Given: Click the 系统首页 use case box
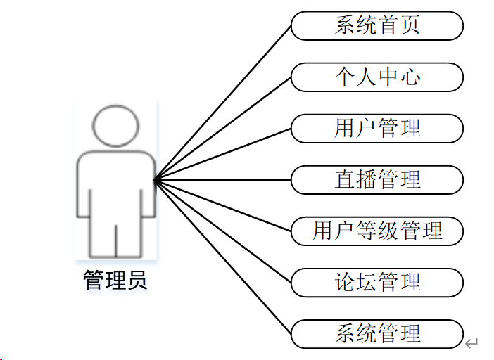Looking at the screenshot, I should click(x=377, y=27).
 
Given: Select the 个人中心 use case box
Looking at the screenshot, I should click(x=377, y=77).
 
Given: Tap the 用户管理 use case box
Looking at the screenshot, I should click(x=377, y=129).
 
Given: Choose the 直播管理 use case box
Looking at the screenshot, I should click(x=377, y=180).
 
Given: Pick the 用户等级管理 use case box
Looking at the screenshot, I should click(x=377, y=231).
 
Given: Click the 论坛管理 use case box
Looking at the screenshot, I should click(x=377, y=283).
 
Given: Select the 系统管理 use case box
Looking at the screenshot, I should click(x=377, y=333).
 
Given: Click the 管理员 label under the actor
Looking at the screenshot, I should click(x=115, y=281).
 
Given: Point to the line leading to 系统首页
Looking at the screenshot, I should click(x=222, y=103).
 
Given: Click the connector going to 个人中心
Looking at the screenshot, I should click(x=222, y=129).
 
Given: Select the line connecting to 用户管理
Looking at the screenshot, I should click(x=222, y=155).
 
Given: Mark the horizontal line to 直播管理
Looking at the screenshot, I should click(x=222, y=180).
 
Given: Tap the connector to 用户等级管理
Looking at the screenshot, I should click(x=222, y=205).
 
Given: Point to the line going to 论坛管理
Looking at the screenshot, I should click(x=222, y=231).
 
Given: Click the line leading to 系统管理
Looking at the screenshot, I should click(x=222, y=257).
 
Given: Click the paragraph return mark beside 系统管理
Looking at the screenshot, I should click(x=471, y=343).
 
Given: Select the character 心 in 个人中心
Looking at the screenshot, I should click(x=410, y=77).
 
